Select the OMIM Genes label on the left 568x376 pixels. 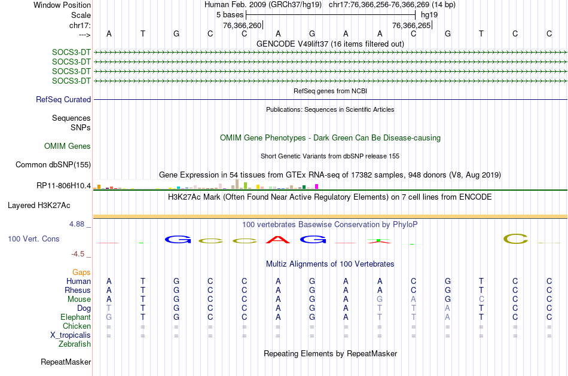pyautogui.click(x=68, y=146)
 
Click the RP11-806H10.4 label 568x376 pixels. pyautogui.click(x=63, y=185)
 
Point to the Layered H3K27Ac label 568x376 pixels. pyautogui.click(x=39, y=205)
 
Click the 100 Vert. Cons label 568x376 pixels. pyautogui.click(x=33, y=239)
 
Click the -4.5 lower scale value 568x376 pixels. pyautogui.click(x=81, y=253)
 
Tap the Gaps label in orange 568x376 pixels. pyautogui.click(x=81, y=272)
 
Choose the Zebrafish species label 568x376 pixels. pyautogui.click(x=75, y=344)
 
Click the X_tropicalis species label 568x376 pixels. pyautogui.click(x=71, y=335)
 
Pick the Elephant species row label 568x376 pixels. pyautogui.click(x=75, y=317)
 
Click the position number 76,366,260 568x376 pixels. pyautogui.click(x=242, y=26)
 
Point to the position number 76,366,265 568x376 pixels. pyautogui.click(x=411, y=26)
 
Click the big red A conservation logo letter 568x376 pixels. pyautogui.click(x=278, y=240)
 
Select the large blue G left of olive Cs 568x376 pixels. pyautogui.click(x=177, y=240)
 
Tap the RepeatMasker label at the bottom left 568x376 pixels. pyautogui.click(x=66, y=362)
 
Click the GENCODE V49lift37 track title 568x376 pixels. pyautogui.click(x=330, y=44)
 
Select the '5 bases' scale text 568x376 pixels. pyautogui.click(x=230, y=14)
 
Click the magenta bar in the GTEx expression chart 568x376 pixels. pyautogui.click(x=316, y=187)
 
